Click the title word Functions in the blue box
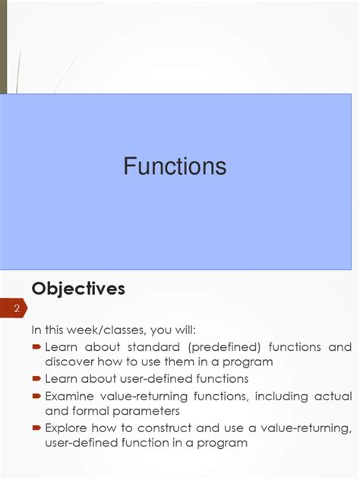[x=175, y=166]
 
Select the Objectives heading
[x=77, y=289]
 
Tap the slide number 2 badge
[x=16, y=308]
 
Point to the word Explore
[x=69, y=428]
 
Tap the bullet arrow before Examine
[x=36, y=396]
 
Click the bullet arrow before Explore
[x=36, y=428]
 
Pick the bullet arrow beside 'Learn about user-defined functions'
[x=36, y=378]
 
